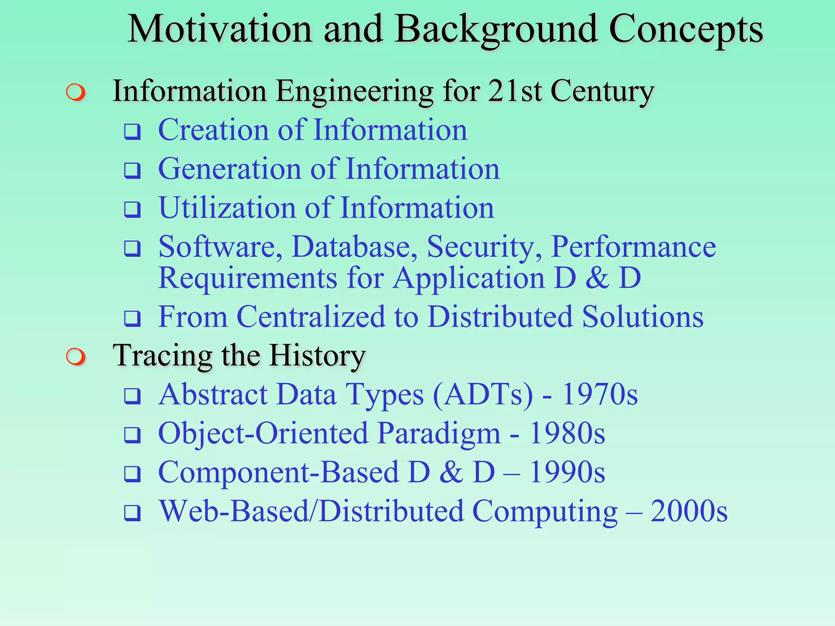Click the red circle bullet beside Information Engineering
click(x=76, y=92)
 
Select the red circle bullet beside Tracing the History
click(x=76, y=357)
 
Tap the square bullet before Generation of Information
click(x=133, y=170)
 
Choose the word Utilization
click(x=226, y=208)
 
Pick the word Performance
click(x=633, y=247)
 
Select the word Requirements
click(x=248, y=278)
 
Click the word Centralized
click(x=311, y=317)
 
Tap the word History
click(x=317, y=355)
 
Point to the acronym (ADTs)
click(x=483, y=395)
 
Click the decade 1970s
click(x=600, y=395)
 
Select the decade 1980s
click(x=567, y=433)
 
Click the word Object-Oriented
click(x=263, y=433)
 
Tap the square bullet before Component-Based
click(x=133, y=474)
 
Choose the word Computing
click(x=545, y=512)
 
